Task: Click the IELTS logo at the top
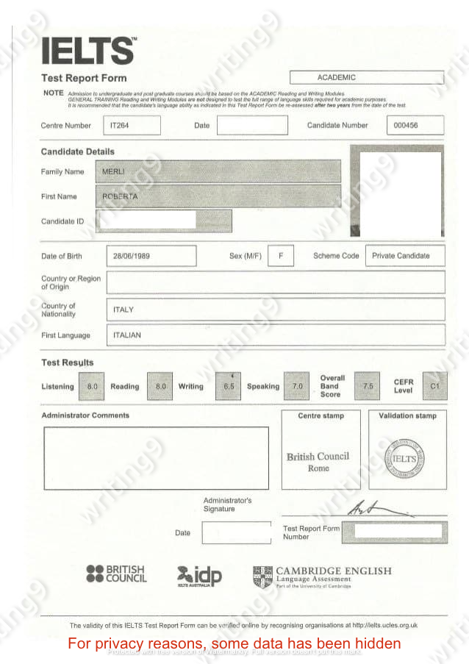click(88, 50)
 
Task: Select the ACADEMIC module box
click(367, 77)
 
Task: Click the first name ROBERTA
click(120, 197)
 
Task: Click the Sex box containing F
click(280, 256)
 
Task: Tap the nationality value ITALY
click(123, 310)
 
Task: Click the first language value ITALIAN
click(127, 335)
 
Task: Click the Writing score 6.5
click(229, 386)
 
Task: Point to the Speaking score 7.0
click(298, 386)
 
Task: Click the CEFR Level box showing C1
click(434, 386)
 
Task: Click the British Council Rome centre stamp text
click(318, 462)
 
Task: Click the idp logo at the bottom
click(200, 575)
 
